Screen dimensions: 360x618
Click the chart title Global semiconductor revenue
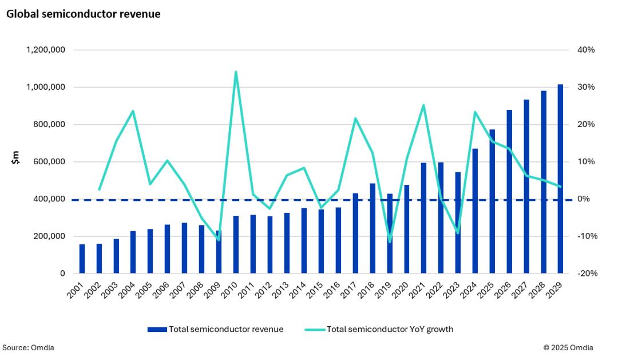pyautogui.click(x=84, y=14)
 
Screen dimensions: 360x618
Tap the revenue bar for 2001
pyautogui.click(x=82, y=259)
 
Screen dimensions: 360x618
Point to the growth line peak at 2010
pyautogui.click(x=236, y=72)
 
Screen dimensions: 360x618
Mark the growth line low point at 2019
pyautogui.click(x=390, y=242)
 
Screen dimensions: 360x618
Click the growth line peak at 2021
pyautogui.click(x=423, y=105)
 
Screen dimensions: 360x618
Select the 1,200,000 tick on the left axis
pyautogui.click(x=45, y=50)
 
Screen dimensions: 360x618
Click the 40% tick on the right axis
pyautogui.click(x=586, y=50)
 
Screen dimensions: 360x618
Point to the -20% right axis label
pyautogui.click(x=586, y=274)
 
